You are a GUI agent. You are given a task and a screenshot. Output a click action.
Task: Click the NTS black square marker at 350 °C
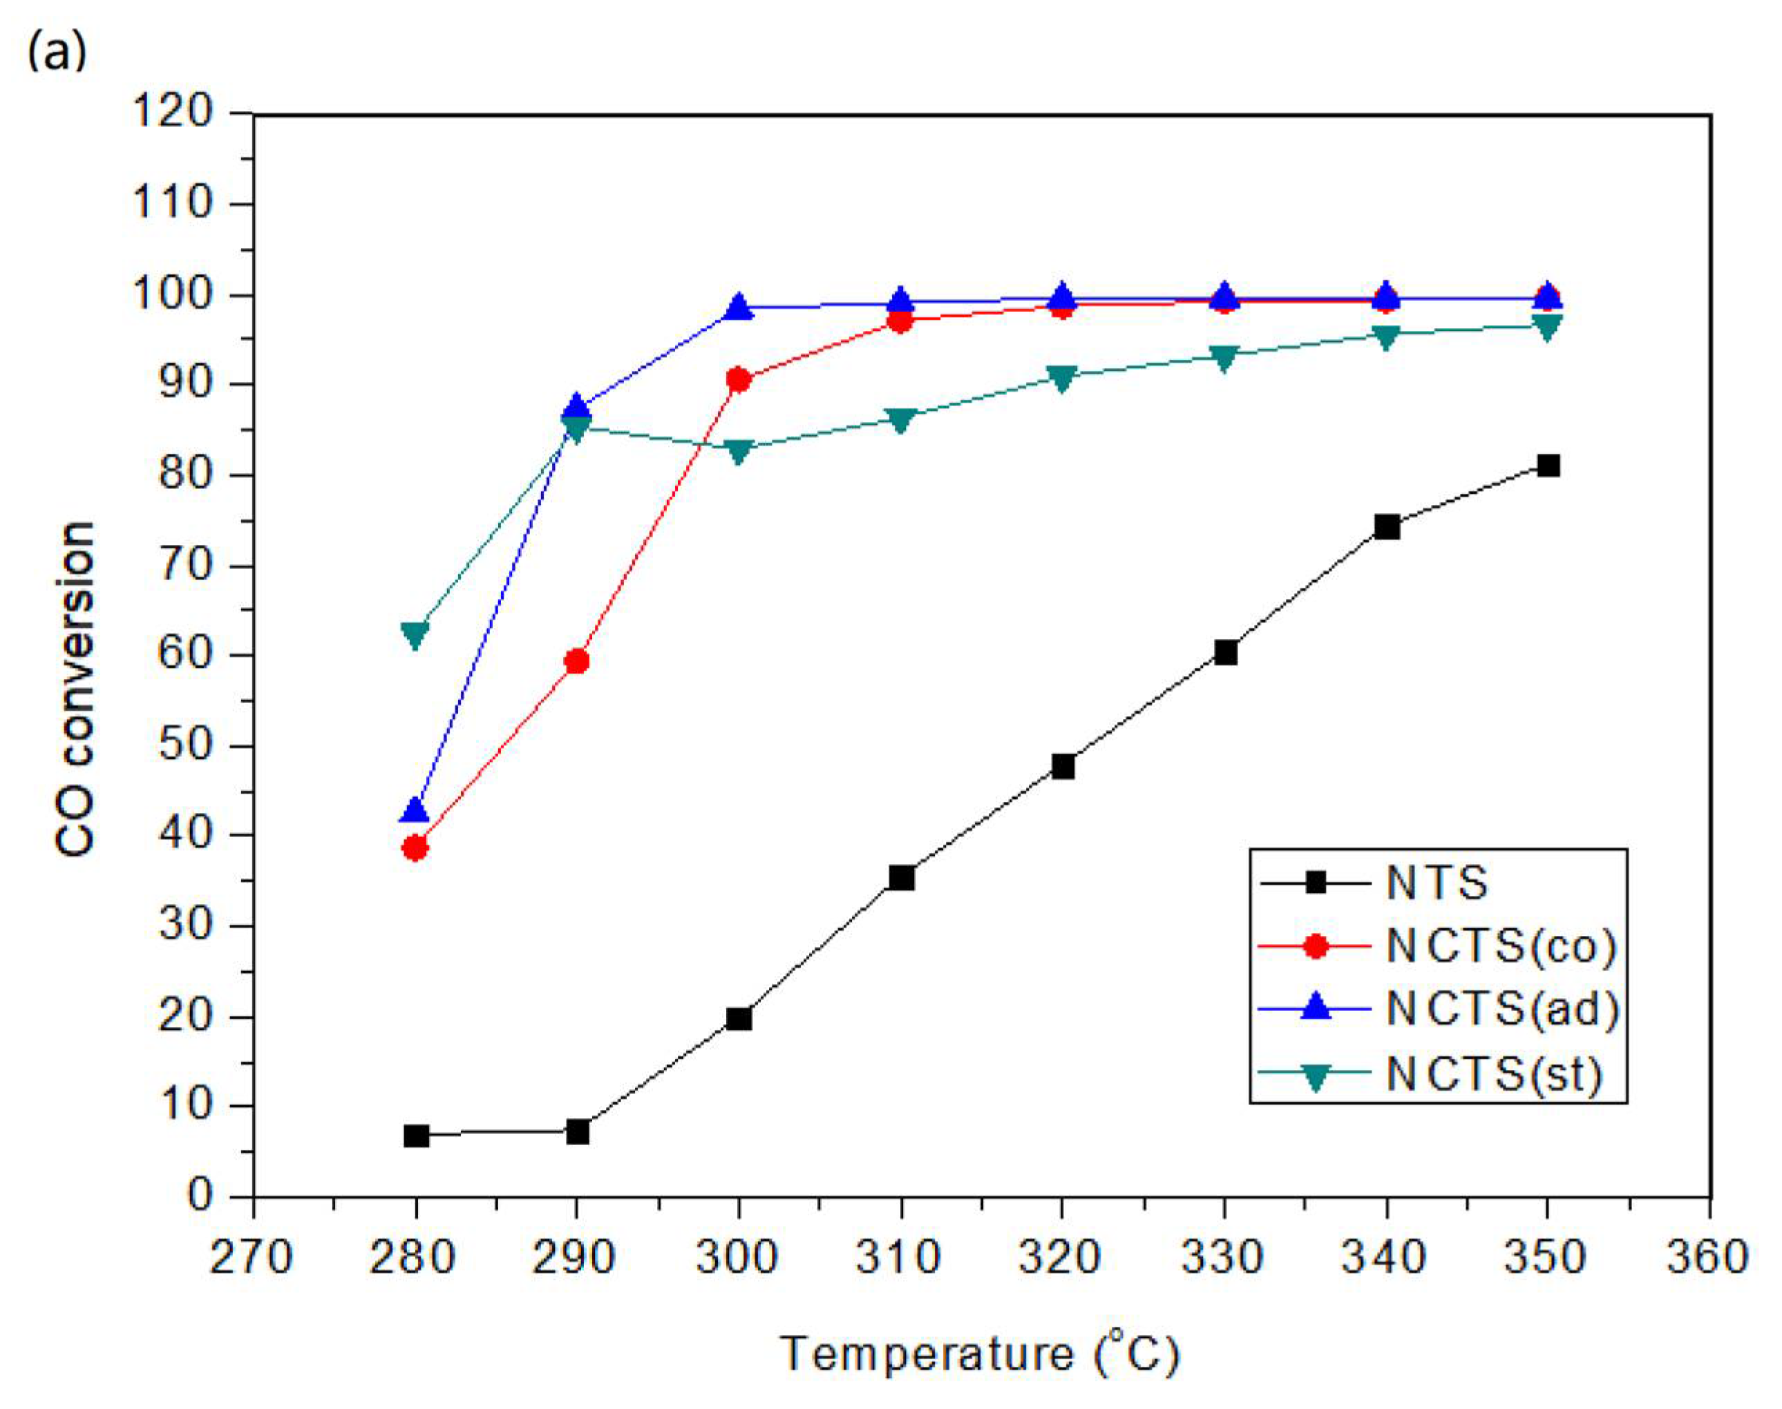pos(1548,466)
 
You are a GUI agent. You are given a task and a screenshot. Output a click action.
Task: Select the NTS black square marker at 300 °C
pos(739,1018)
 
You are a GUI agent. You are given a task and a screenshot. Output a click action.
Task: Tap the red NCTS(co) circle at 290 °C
pos(577,661)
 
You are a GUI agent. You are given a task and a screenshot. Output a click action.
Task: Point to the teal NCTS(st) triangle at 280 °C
pos(415,633)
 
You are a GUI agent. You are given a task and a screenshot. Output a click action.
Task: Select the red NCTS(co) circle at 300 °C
pos(739,381)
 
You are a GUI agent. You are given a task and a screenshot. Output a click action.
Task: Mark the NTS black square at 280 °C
pos(416,1136)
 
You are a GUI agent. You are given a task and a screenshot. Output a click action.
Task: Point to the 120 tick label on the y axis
pos(173,111)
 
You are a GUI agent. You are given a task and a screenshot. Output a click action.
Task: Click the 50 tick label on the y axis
pos(186,745)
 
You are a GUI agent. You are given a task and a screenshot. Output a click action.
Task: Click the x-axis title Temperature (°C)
pos(980,1353)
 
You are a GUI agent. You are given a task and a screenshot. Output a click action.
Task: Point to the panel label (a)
pos(57,52)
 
